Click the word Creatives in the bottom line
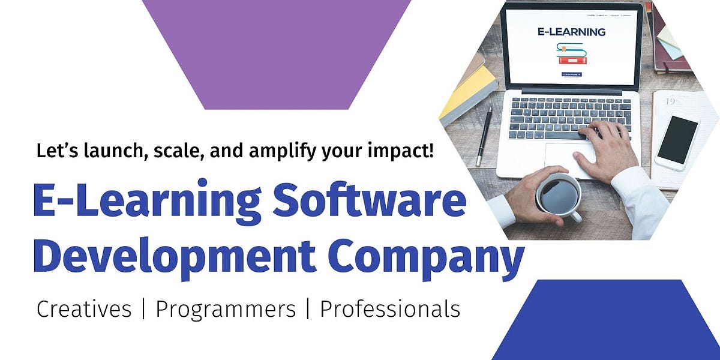[x=84, y=309]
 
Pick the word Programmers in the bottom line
[x=226, y=309]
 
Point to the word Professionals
[x=390, y=309]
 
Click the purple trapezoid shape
[x=276, y=54]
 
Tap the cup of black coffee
[x=558, y=195]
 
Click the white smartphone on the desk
[x=676, y=143]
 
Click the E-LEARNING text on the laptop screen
[x=571, y=32]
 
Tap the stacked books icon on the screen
[x=571, y=54]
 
